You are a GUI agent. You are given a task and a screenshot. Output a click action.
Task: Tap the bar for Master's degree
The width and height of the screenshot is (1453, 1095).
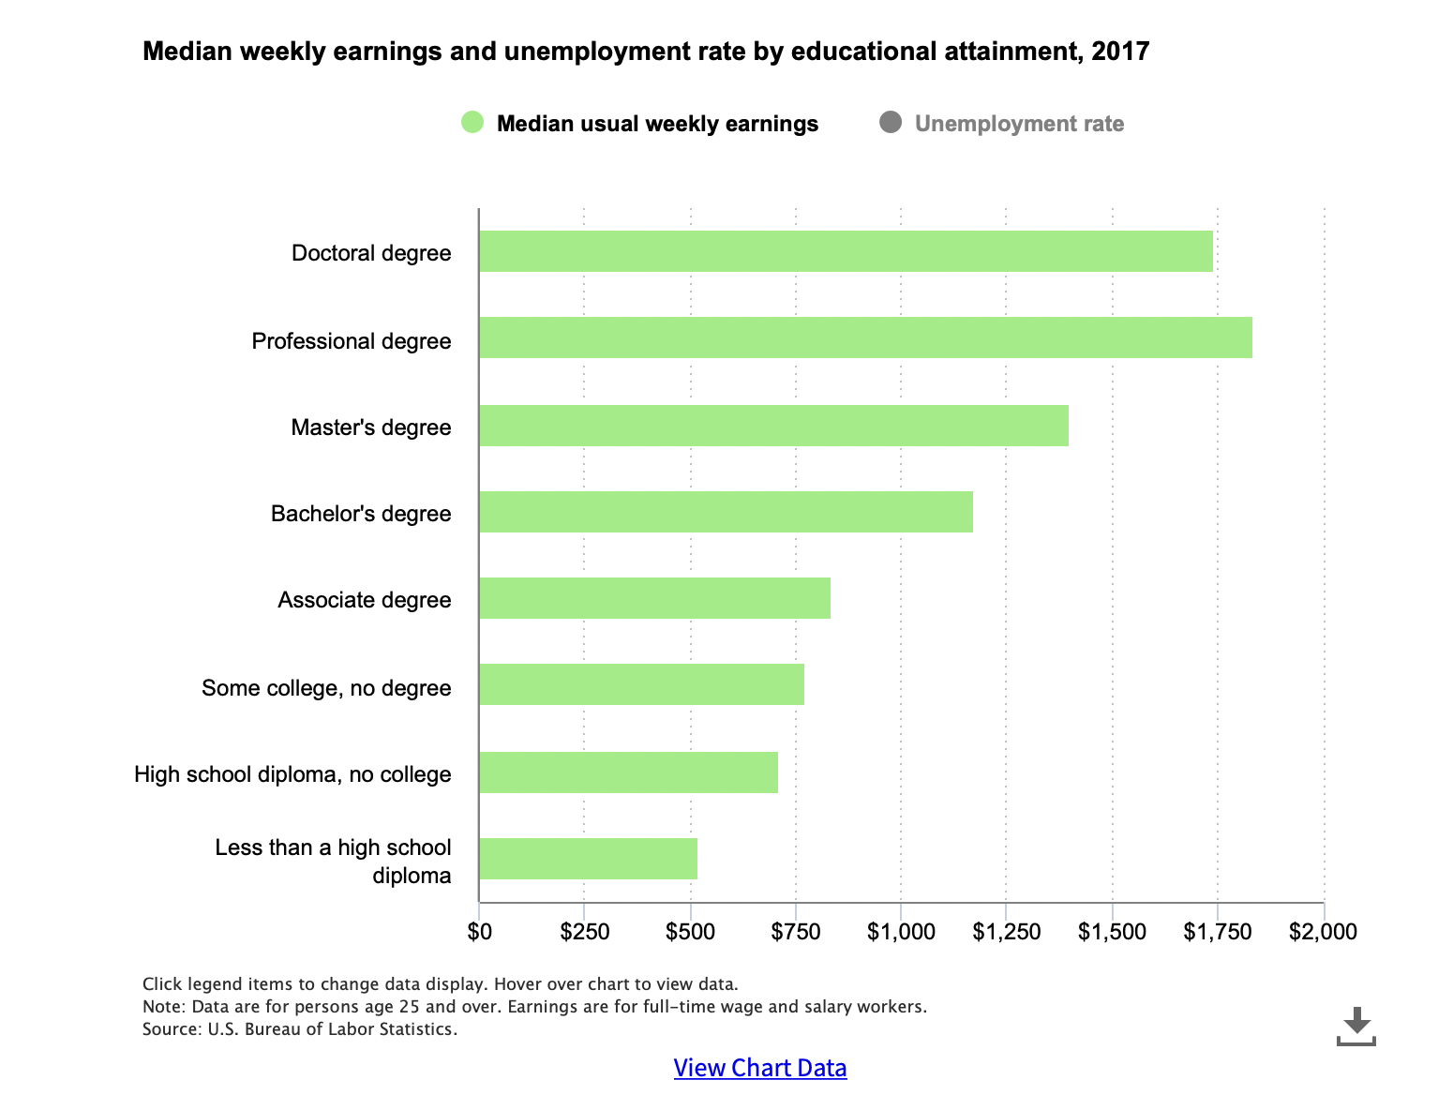pos(773,426)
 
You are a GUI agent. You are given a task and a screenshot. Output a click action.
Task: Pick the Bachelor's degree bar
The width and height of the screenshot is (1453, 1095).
pos(726,512)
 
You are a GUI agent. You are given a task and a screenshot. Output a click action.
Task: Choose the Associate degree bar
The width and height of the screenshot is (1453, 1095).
pos(654,598)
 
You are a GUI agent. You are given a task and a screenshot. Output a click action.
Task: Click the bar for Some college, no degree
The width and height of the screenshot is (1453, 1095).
pos(641,684)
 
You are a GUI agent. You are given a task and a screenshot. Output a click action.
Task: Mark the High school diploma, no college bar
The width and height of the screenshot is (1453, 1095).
pos(628,772)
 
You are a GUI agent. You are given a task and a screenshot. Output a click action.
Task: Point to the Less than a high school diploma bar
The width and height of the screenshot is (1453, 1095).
pos(588,859)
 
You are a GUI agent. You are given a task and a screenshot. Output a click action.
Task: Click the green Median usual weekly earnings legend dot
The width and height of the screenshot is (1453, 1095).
pos(472,123)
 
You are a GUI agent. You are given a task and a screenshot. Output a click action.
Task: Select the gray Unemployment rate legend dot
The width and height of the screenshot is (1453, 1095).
pos(891,123)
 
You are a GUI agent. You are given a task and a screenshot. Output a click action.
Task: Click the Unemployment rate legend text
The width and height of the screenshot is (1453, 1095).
pos(1019,124)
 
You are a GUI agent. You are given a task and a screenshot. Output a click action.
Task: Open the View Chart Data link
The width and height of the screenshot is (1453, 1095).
pos(759,1068)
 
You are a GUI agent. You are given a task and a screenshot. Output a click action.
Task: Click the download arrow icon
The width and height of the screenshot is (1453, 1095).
pos(1356,1026)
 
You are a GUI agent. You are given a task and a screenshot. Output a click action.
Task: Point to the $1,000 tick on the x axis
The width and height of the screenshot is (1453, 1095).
pos(901,931)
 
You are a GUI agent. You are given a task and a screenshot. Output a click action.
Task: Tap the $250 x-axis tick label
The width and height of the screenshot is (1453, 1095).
pos(585,931)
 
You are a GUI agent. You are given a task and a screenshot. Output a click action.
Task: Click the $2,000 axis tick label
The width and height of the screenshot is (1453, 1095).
pos(1323,931)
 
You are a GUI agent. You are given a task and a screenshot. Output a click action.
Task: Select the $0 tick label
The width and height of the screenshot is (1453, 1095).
pos(479,931)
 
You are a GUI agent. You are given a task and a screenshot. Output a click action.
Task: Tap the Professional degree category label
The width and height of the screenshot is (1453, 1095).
pos(352,340)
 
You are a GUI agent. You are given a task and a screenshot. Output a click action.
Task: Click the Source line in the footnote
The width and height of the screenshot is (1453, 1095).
pos(300,1029)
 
